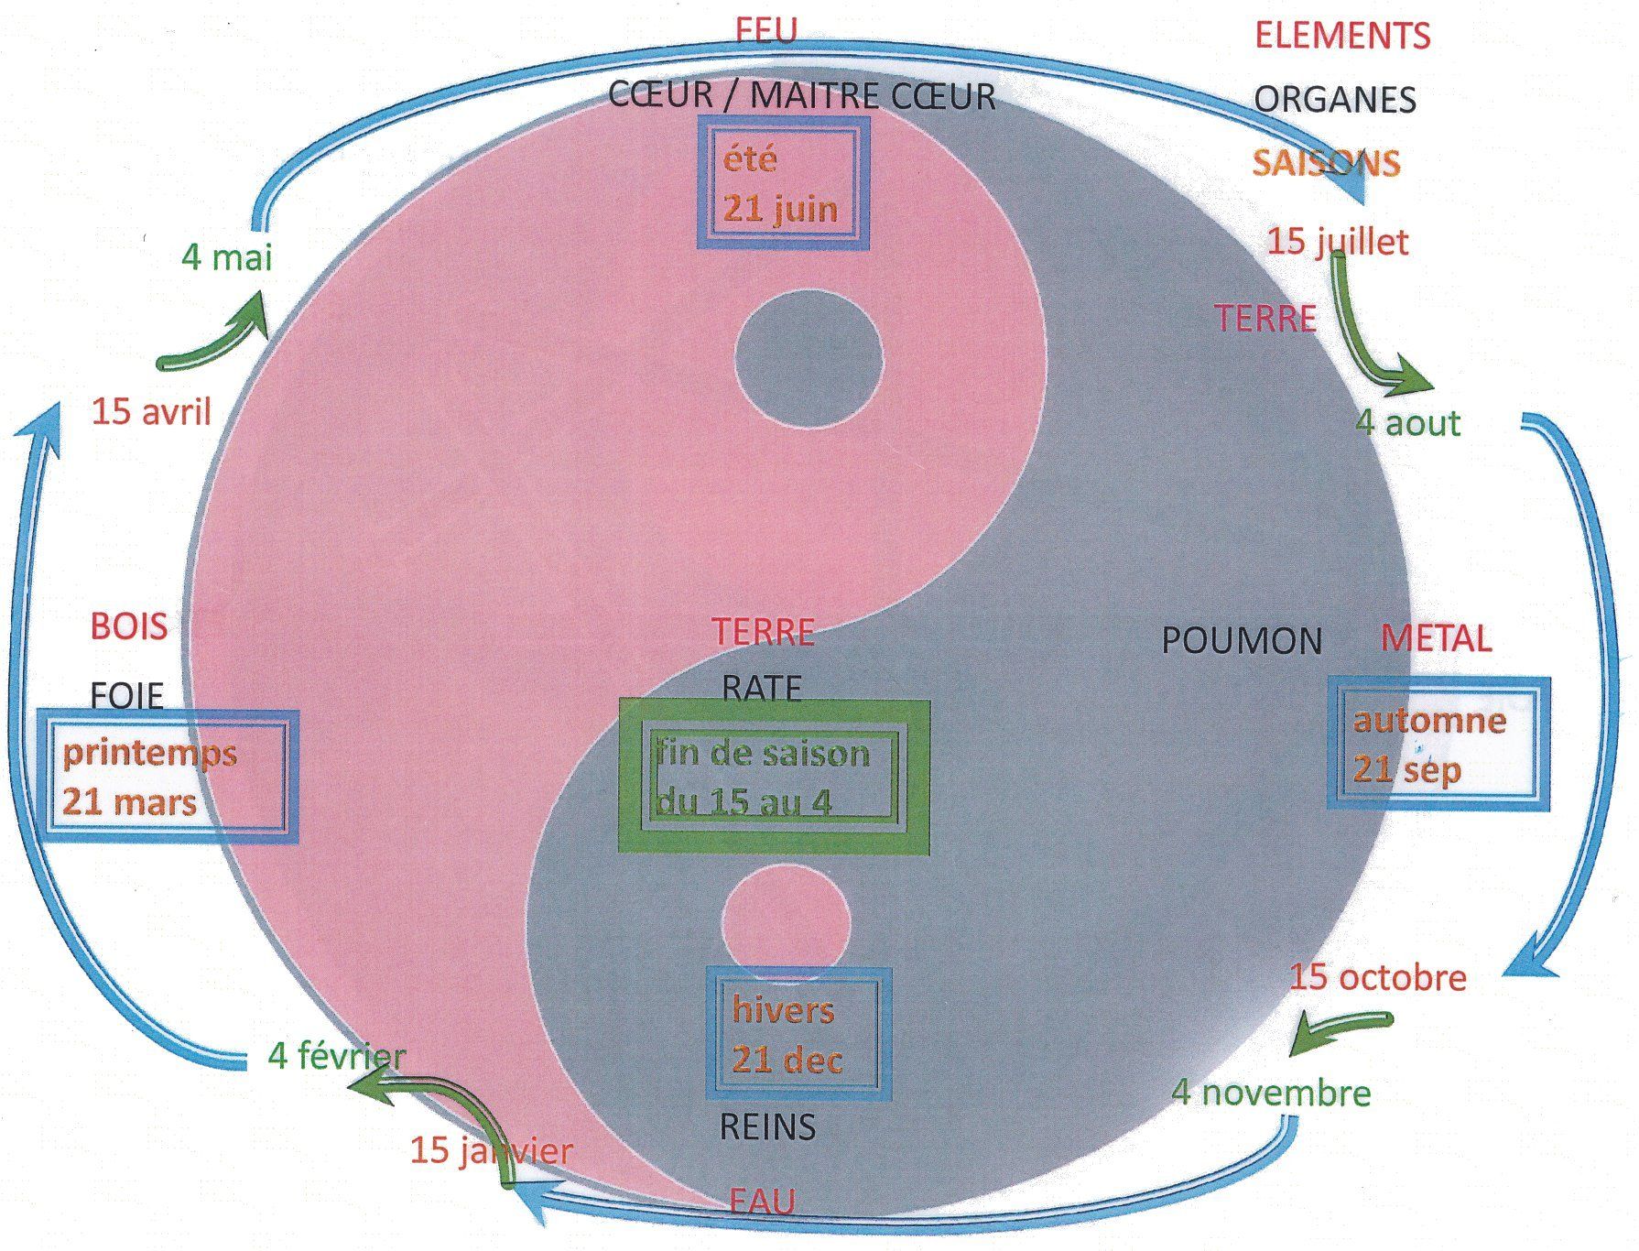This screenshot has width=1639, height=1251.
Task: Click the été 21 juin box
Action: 782,183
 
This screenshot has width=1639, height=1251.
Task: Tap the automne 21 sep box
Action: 1438,744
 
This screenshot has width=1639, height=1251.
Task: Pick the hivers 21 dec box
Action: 798,1034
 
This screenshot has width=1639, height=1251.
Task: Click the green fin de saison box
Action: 775,777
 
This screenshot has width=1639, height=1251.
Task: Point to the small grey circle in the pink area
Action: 809,360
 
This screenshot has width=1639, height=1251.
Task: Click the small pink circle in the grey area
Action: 786,922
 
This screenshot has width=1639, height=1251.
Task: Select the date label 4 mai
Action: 227,257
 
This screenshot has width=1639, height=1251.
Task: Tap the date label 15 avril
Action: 151,412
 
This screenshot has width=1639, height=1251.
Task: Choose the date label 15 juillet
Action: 1338,242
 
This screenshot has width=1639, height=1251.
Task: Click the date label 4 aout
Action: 1407,423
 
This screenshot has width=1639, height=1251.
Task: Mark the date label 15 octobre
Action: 1378,977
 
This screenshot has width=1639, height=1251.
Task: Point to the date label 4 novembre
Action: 1271,1093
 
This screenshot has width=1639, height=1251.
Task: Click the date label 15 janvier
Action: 491,1150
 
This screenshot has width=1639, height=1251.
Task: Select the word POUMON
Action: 1242,641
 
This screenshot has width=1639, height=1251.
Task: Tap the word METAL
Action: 1436,638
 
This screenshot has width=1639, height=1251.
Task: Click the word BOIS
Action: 129,627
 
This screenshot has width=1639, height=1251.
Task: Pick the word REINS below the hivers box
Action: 767,1126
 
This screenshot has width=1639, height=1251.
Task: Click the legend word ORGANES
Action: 1334,100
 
